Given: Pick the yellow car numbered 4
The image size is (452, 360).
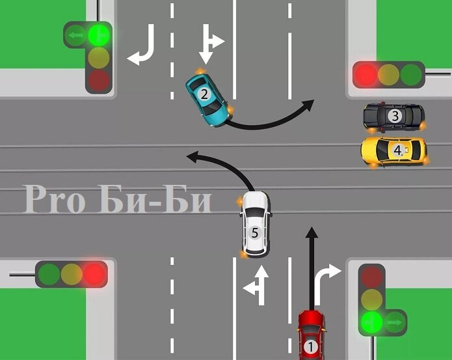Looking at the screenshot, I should (394, 150).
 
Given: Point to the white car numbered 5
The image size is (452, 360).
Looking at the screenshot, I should (256, 224).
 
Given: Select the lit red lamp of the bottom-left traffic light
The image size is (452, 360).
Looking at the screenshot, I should (95, 273).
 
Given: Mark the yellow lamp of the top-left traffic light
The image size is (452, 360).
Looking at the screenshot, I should (99, 56).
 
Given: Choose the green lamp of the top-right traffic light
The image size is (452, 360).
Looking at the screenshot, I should (411, 75).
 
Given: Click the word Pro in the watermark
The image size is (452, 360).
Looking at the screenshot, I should (55, 200).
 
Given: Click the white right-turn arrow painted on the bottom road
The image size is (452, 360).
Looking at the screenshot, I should (328, 279).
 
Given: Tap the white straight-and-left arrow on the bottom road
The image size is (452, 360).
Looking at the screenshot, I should (258, 284).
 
